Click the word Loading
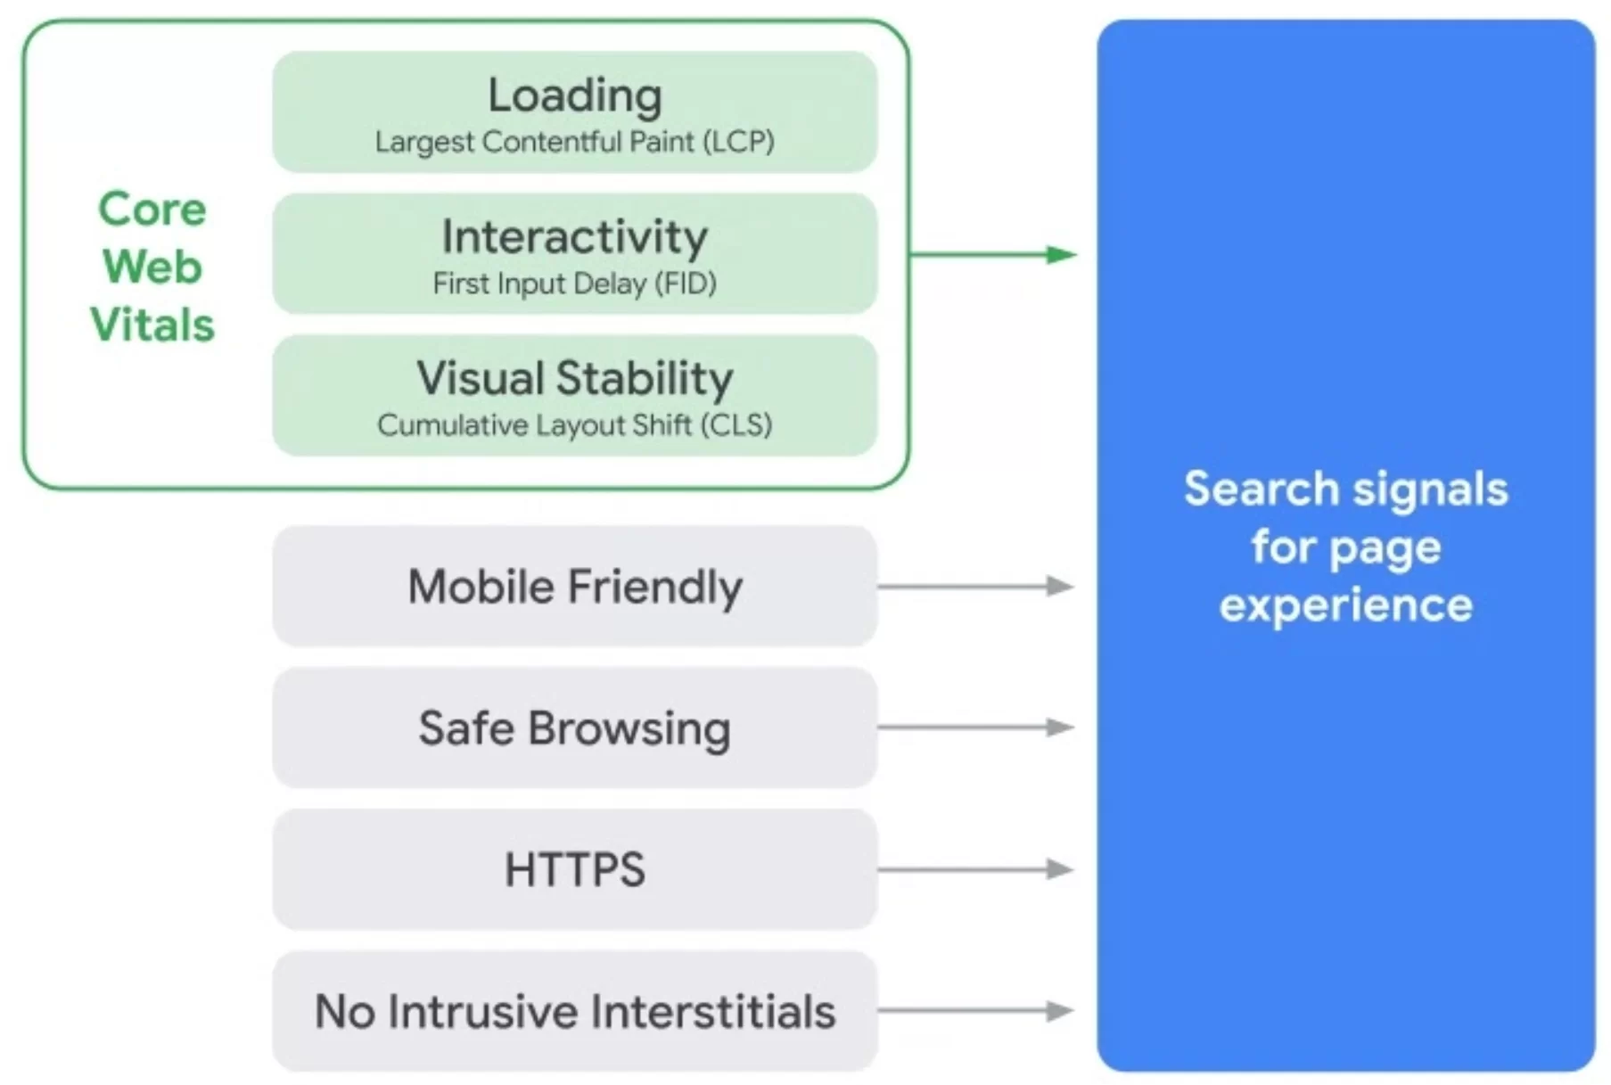[574, 95]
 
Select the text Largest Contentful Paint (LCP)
[574, 142]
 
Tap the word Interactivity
[574, 237]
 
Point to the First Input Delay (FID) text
[574, 284]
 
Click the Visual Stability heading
[574, 378]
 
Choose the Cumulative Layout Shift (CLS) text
[574, 425]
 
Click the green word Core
[152, 210]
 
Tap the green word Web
[152, 267]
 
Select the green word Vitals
[152, 325]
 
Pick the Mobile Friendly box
[574, 587]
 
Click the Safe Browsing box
[574, 727]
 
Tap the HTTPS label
[574, 869]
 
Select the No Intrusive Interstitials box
[574, 1011]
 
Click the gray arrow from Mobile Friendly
[975, 586]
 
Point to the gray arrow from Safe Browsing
[975, 727]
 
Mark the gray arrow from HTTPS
[975, 869]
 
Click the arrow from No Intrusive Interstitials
[975, 1011]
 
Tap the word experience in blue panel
[1345, 606]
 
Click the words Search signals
[1345, 489]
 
